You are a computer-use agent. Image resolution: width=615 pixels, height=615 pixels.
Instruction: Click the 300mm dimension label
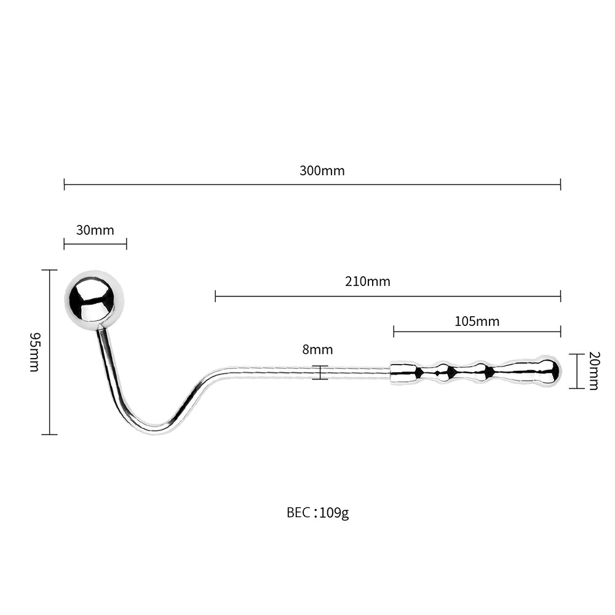tap(322, 171)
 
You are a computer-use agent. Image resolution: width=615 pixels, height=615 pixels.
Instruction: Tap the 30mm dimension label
tap(95, 230)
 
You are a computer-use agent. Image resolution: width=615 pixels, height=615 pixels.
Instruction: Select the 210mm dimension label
tap(368, 282)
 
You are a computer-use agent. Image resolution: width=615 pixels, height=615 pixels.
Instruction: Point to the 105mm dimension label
tap(477, 322)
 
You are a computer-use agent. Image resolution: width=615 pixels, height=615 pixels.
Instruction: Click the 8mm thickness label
tap(318, 349)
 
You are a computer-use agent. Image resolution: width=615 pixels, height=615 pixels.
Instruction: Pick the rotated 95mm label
tap(35, 352)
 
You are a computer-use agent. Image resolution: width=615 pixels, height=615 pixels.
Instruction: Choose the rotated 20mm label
tap(593, 371)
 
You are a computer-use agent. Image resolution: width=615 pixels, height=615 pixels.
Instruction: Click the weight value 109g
tap(334, 513)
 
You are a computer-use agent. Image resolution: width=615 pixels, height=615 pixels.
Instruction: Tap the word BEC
tap(299, 513)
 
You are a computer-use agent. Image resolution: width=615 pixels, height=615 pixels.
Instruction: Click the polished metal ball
tap(94, 300)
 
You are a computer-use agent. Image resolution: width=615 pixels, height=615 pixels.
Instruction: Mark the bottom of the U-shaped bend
tap(156, 430)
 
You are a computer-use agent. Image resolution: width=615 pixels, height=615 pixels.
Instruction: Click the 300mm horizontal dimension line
tap(312, 184)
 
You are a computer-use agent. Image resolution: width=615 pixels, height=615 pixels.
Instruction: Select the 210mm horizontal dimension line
tap(388, 296)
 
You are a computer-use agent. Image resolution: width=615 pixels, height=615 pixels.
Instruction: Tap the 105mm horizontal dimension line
tap(477, 332)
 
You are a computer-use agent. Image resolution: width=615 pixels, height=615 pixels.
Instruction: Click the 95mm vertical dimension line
tap(49, 352)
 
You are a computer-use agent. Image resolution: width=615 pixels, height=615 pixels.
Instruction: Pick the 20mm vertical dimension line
tap(577, 371)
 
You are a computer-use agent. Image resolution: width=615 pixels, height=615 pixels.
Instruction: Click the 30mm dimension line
tap(95, 245)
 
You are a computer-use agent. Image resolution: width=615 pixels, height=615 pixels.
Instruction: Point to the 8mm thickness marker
tap(321, 372)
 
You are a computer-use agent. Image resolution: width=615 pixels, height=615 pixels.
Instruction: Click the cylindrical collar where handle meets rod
tap(403, 373)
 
